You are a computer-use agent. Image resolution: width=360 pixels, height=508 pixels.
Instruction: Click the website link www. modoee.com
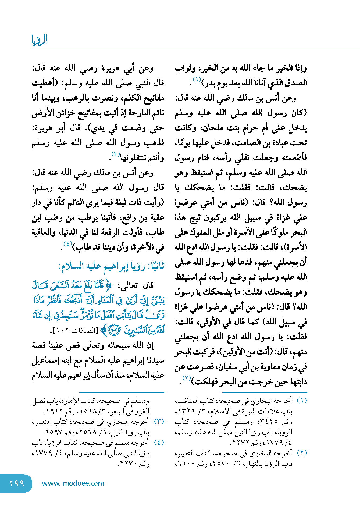pyautogui.click(x=73, y=483)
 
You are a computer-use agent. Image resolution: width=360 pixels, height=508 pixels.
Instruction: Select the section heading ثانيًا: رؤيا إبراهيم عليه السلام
pyautogui.click(x=111, y=266)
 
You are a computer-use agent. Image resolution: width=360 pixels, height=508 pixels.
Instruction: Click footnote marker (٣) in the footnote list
pyautogui.click(x=159, y=421)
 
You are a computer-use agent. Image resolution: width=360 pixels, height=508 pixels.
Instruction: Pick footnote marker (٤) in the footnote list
pyautogui.click(x=159, y=442)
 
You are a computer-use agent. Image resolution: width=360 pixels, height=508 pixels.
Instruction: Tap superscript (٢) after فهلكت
pyautogui.click(x=186, y=378)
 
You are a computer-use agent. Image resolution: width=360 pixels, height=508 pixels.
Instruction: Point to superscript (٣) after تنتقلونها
pyautogui.click(x=116, y=154)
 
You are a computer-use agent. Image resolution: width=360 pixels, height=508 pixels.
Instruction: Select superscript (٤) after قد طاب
pyautogui.click(x=67, y=244)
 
